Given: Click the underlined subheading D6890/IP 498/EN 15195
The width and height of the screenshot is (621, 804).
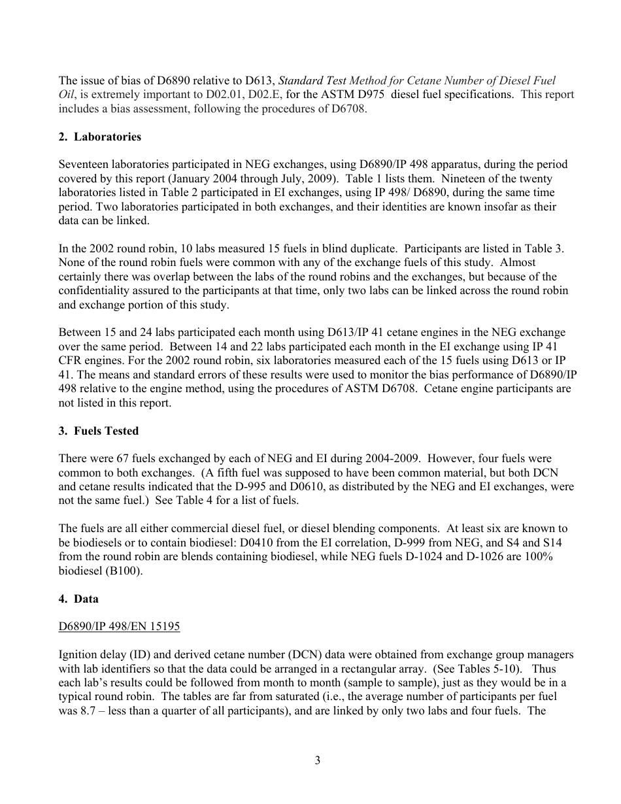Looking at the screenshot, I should point(119,627).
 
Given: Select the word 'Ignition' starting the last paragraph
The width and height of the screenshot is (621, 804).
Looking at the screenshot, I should point(76,655).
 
